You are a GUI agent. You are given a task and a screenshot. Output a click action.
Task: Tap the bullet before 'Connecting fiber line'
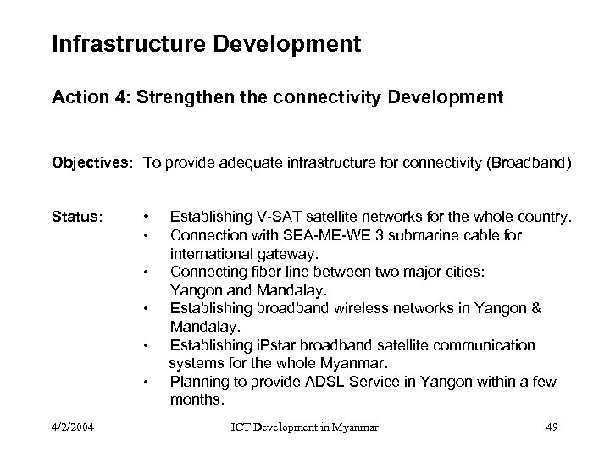pos(147,272)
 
